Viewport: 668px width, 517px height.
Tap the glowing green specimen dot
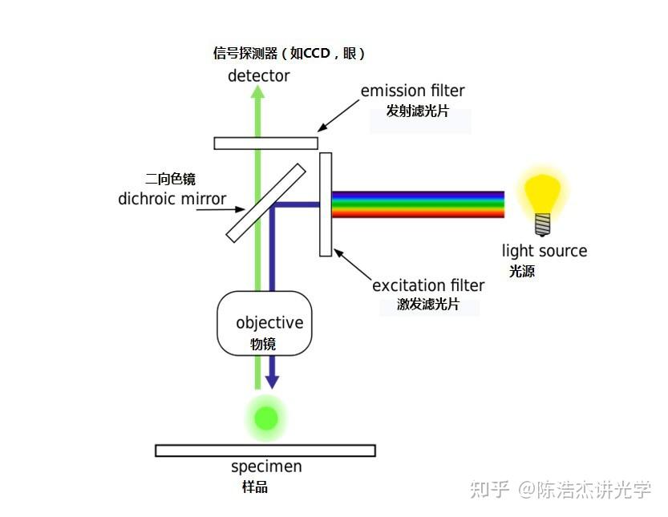coord(265,418)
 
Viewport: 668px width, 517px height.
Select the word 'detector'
coord(258,76)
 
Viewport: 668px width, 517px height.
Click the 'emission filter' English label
coord(412,91)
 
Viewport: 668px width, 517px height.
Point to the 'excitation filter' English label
coord(428,285)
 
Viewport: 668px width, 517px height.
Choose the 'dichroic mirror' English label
coord(172,199)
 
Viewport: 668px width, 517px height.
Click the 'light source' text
coord(545,251)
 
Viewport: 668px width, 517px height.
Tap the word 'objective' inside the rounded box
coord(269,323)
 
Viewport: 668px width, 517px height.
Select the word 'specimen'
coord(266,467)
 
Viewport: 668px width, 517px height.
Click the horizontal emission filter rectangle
coord(265,143)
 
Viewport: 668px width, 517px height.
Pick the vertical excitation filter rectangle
coord(326,204)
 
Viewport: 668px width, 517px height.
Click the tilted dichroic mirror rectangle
coord(266,203)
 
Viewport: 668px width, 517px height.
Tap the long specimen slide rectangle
coord(265,450)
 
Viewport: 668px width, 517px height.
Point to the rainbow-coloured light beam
coord(418,204)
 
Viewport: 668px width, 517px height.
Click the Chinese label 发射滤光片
coord(417,111)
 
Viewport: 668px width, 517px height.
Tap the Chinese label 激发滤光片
coord(428,305)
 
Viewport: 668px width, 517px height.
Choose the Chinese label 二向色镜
coord(170,179)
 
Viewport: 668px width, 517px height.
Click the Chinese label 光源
coord(521,272)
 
